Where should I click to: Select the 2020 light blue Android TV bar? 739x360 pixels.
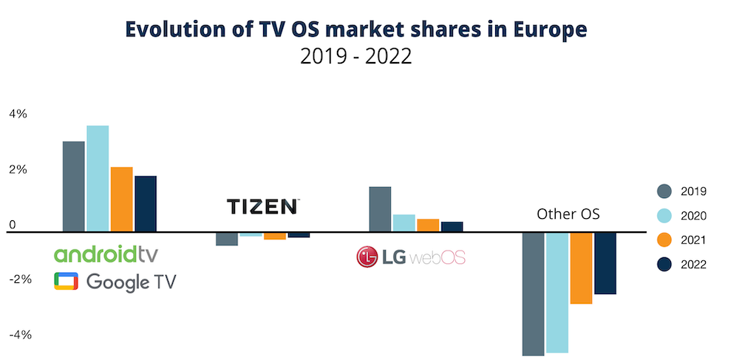98,178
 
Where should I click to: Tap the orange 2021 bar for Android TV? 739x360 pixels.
121,199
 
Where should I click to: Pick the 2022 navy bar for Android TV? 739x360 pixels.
146,203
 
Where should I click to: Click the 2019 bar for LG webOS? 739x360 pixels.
380,208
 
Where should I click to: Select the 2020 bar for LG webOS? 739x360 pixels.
403,223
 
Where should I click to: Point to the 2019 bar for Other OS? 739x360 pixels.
534,293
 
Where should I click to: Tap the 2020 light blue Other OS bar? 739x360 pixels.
557,292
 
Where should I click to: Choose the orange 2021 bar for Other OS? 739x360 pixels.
581,268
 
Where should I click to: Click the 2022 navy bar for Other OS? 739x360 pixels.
605,262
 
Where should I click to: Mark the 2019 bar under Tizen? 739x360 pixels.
227,238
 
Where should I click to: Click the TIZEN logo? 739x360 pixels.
263,206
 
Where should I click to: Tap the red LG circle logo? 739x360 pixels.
367,257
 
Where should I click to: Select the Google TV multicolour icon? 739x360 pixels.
66,281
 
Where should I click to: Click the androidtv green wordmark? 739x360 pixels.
106,255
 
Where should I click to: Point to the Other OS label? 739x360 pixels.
568,214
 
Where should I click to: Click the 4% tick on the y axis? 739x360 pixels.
18,114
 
